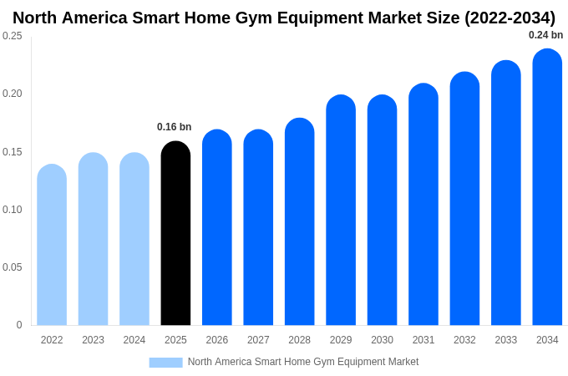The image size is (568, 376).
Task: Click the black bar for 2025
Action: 175,234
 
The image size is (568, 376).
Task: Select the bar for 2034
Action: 547,188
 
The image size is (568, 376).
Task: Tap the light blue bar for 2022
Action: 52,246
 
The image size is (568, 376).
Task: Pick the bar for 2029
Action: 341,211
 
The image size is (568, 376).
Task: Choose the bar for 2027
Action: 258,228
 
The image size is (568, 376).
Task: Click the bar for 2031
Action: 423,205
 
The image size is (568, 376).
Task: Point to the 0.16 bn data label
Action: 174,127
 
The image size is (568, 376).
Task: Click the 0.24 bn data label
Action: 545,35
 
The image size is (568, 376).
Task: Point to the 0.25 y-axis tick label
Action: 13,36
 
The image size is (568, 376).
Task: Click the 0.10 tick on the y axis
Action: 13,210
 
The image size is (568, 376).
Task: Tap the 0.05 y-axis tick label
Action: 13,267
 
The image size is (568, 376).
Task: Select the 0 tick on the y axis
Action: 19,325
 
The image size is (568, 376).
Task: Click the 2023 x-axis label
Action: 93,340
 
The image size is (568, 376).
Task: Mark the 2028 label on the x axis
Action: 299,340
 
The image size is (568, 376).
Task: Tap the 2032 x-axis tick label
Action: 464,340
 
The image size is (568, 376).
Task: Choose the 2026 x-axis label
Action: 217,340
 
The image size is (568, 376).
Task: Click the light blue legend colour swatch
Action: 165,363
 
